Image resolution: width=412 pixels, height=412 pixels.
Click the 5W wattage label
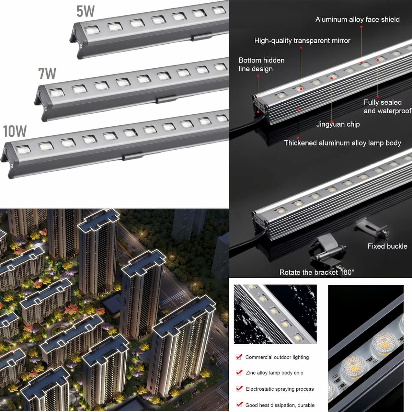pyautogui.click(x=85, y=11)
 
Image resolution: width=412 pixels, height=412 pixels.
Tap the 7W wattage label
pyautogui.click(x=47, y=73)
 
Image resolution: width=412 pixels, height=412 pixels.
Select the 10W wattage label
pyautogui.click(x=15, y=131)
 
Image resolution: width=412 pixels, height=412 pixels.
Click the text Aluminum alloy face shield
pyautogui.click(x=357, y=20)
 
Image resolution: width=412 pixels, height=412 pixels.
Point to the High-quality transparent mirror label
pyautogui.click(x=302, y=41)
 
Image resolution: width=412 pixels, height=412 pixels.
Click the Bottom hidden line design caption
pyautogui.click(x=261, y=65)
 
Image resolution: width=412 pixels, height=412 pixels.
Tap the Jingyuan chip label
pyautogui.click(x=338, y=124)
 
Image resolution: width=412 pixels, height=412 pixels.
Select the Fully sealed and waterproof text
pyautogui.click(x=387, y=106)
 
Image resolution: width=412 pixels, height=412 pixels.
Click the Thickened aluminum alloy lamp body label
pyautogui.click(x=342, y=143)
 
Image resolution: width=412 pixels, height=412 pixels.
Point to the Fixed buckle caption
pyautogui.click(x=387, y=246)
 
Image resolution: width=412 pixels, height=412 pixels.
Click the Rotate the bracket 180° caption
pyautogui.click(x=317, y=272)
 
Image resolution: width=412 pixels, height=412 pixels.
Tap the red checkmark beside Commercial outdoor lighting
pyautogui.click(x=239, y=357)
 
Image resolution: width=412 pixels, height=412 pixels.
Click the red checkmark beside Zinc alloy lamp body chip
pyautogui.click(x=239, y=373)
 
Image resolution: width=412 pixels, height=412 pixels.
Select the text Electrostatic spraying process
pyautogui.click(x=279, y=389)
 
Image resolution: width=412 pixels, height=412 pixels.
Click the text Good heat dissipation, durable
pyautogui.click(x=279, y=405)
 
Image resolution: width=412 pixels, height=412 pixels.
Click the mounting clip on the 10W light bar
pyautogui.click(x=133, y=157)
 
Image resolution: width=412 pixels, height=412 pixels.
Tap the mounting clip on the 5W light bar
pyautogui.click(x=201, y=36)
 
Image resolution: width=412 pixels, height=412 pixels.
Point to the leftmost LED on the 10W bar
pyautogui.click(x=23, y=150)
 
